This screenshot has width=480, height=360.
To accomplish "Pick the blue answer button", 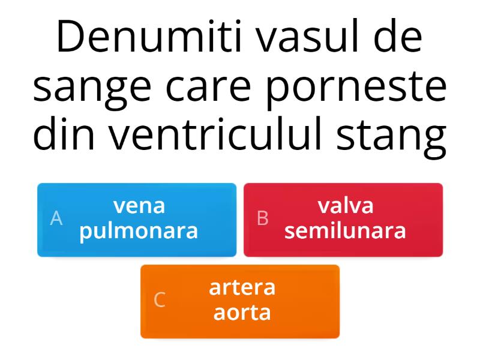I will pyautogui.click(x=137, y=220).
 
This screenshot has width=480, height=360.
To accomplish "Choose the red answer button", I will pyautogui.click(x=343, y=220).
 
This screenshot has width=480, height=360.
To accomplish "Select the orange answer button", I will pyautogui.click(x=240, y=301).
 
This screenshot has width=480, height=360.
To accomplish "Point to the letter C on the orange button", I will pyautogui.click(x=160, y=300).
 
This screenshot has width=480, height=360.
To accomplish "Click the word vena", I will pyautogui.click(x=140, y=206).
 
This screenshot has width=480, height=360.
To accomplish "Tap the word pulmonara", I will pyautogui.click(x=139, y=231).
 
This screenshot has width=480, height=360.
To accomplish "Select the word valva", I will pyautogui.click(x=346, y=206).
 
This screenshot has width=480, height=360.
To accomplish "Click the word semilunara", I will pyautogui.click(x=346, y=231).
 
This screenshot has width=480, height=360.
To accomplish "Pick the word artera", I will pyautogui.click(x=242, y=287).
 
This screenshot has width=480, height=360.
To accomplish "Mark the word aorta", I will pyautogui.click(x=242, y=313).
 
